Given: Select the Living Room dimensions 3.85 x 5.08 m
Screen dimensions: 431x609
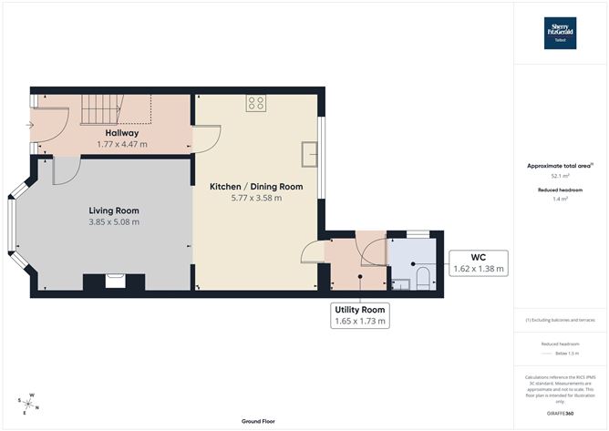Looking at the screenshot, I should tap(114, 221).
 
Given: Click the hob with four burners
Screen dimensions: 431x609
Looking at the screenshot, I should tap(256, 103).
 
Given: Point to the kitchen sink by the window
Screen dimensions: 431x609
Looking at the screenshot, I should tap(310, 155).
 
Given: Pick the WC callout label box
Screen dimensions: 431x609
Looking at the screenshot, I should tap(479, 262).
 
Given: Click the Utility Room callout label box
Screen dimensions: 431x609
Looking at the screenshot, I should tap(362, 315).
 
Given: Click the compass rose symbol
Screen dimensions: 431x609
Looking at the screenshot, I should tap(29, 402).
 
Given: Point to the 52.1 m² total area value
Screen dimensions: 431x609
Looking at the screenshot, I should tap(560, 177).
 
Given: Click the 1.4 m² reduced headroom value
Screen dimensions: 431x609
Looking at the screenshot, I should tap(560, 199).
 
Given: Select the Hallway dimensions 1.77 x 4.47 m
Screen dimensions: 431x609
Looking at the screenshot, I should tap(121, 144).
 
